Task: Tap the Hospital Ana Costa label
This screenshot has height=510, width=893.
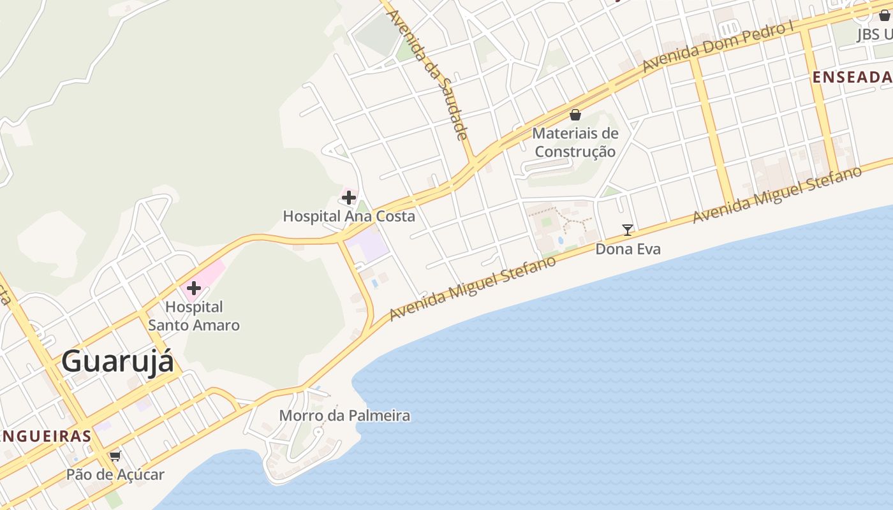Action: coord(349,216)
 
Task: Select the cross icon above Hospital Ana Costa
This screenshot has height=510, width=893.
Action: coord(348,198)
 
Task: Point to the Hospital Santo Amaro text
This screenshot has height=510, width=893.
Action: coord(194,316)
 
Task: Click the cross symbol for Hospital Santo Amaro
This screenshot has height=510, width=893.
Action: coord(193,288)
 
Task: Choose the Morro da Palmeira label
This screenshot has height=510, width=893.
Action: coord(344,416)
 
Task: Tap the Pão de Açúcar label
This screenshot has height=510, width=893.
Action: coord(115,475)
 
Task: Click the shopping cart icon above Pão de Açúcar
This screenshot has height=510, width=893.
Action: coord(115,456)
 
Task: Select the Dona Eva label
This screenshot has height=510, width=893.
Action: coord(628,249)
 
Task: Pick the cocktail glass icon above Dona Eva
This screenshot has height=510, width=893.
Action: coord(628,230)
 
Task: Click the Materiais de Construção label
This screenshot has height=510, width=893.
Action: coord(575,142)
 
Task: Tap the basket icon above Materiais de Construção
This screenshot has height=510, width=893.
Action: coord(575,115)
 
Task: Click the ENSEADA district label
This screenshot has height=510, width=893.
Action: coord(852,78)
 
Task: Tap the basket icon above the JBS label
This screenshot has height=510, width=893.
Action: coord(885,15)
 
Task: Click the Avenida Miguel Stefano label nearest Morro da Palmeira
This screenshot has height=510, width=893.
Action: coord(473,288)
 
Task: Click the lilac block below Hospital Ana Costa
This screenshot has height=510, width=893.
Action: coord(368,246)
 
